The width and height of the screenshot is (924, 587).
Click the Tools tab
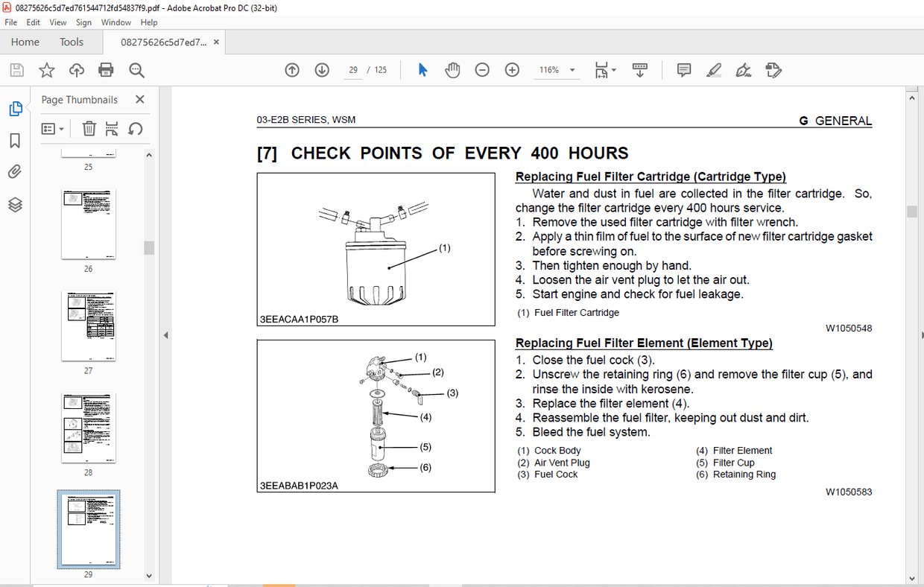point(72,42)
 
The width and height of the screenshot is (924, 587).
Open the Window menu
point(116,22)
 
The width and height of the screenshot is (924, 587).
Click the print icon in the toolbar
point(106,70)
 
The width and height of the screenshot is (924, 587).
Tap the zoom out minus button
point(482,70)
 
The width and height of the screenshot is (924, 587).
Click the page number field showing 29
point(353,70)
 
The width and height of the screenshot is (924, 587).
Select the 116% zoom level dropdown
point(557,70)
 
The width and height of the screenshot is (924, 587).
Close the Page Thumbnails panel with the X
point(140,100)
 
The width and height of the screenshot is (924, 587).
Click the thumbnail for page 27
point(88,326)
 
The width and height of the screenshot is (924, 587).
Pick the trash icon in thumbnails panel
point(89,129)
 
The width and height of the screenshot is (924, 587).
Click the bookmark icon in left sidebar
point(15,141)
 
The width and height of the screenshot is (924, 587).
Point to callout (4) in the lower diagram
point(425,417)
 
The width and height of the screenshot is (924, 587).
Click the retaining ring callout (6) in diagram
point(425,468)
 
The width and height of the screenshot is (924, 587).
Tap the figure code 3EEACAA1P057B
point(299,319)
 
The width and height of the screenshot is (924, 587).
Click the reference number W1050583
point(848,492)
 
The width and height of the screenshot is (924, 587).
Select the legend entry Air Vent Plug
point(561,463)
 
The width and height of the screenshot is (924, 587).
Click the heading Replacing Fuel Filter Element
point(644,343)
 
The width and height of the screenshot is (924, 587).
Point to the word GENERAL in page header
point(843,121)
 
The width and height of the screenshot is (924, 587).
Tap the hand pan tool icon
point(452,70)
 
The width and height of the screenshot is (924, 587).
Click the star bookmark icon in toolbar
point(46,70)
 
